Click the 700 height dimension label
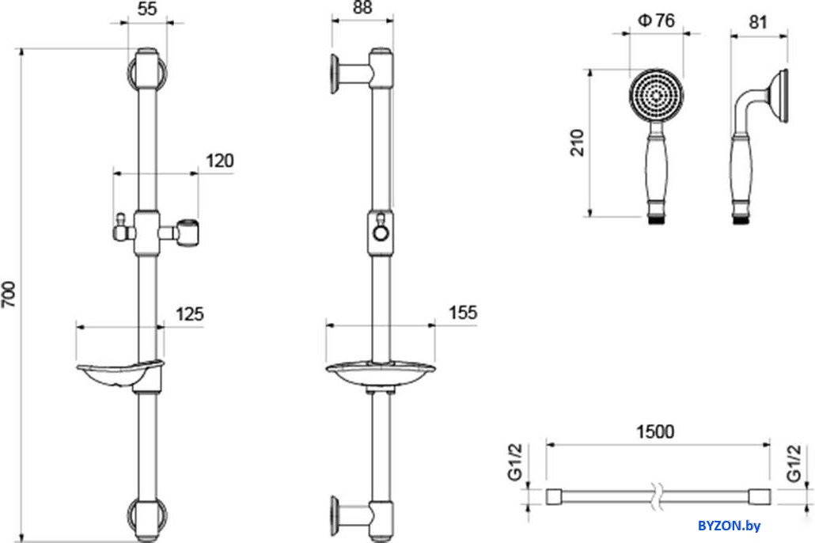pyautogui.click(x=9, y=294)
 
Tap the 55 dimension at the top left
pyautogui.click(x=147, y=9)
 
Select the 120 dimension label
pyautogui.click(x=219, y=161)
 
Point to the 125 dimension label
pyautogui.click(x=189, y=314)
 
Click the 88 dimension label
pyautogui.click(x=362, y=8)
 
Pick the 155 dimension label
pyautogui.click(x=463, y=313)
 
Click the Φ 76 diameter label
pyautogui.click(x=656, y=21)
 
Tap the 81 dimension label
pyautogui.click(x=758, y=22)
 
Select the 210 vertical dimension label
pyautogui.click(x=578, y=142)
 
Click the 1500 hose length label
pyautogui.click(x=655, y=431)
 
